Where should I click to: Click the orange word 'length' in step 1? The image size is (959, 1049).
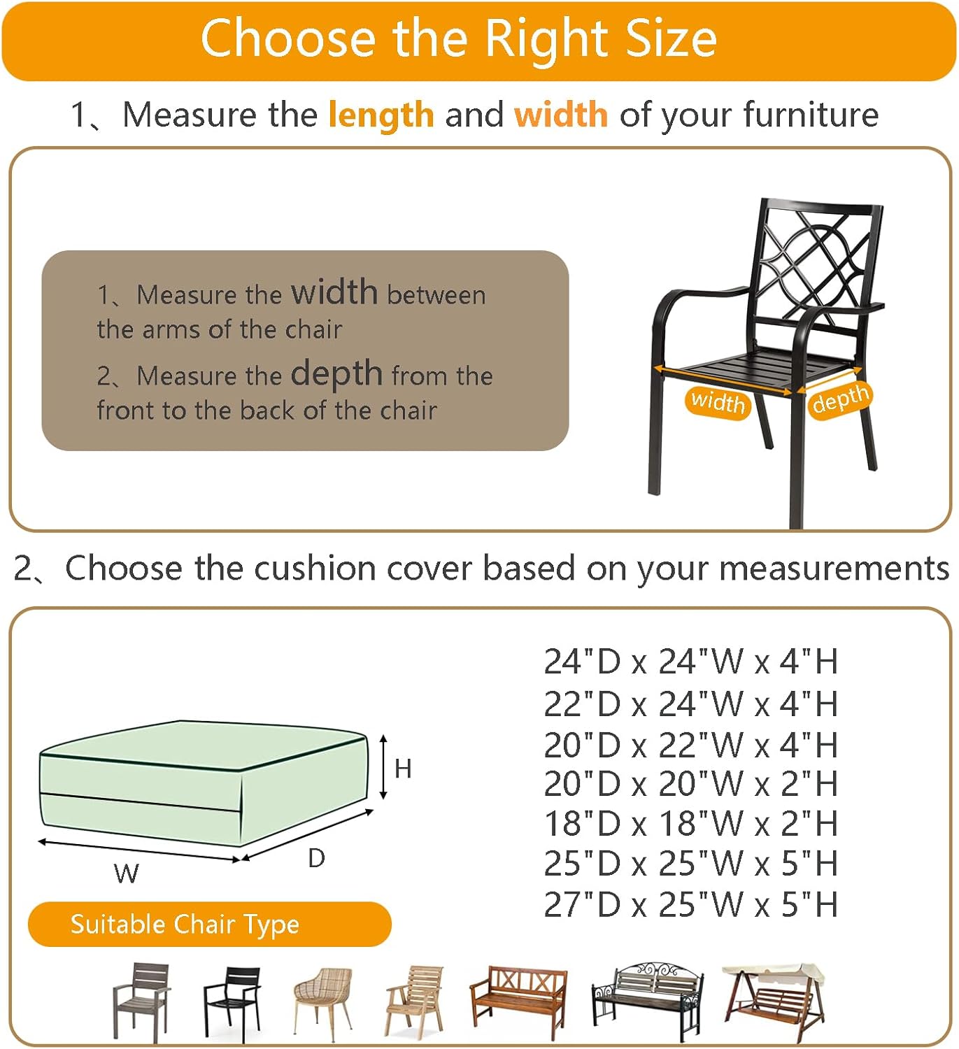point(381,115)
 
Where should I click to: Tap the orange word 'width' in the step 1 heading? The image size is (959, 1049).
point(561,115)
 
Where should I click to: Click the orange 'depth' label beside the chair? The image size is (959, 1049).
point(840,399)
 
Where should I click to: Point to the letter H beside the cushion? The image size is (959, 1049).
point(403,768)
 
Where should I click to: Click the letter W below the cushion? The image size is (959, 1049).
point(127,873)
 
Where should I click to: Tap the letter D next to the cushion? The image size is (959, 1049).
point(317,857)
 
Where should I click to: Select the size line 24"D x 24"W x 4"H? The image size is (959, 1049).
point(690,662)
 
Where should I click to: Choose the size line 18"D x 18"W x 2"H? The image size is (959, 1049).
point(690,823)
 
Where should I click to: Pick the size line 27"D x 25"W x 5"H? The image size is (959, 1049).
point(690,904)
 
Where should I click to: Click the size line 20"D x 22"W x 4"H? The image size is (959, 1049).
point(690,745)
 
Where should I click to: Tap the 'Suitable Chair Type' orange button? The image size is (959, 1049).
point(210,924)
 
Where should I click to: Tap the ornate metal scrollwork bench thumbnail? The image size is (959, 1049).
point(648,1001)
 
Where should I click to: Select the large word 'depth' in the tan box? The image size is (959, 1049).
point(336,374)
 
